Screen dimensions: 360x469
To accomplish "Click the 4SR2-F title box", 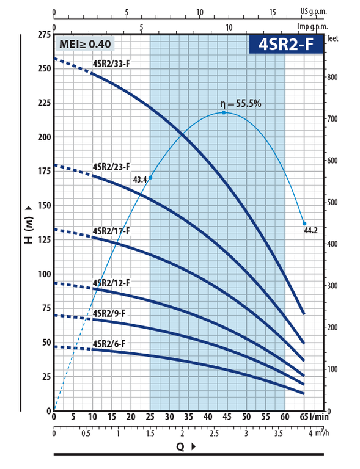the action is (287, 45).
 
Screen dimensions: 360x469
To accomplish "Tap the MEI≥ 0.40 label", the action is (85, 44).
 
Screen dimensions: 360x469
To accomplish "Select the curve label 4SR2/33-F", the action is (111, 64).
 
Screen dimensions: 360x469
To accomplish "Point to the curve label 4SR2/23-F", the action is (111, 167).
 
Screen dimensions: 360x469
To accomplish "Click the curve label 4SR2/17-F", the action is (111, 231).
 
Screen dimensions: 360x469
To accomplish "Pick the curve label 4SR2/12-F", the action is (111, 283).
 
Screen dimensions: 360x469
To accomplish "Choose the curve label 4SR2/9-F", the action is (109, 313).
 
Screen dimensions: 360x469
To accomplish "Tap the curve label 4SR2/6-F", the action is (109, 344).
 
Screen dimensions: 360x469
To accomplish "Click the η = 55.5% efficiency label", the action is (241, 103).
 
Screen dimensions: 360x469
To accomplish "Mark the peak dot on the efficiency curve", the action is (224, 112).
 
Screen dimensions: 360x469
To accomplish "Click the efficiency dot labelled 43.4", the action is (150, 178).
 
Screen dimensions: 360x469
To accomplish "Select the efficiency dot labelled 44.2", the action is (304, 224).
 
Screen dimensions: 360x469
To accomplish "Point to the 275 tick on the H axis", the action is (45, 35).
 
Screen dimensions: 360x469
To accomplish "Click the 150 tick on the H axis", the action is (45, 205).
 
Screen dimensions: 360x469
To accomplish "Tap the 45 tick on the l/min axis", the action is (227, 416).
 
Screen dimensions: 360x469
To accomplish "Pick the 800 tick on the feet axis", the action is (332, 77).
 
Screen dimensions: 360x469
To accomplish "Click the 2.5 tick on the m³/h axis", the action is (215, 434).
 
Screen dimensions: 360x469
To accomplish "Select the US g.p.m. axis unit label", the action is (314, 12).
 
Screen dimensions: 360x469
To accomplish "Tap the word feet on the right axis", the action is (332, 38).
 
